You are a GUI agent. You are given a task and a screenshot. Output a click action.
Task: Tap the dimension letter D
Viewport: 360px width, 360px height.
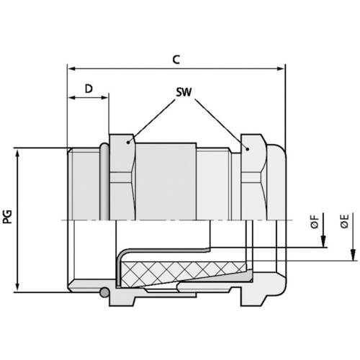88,89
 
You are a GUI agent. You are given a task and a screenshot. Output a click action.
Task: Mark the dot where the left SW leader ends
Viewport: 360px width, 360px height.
130,143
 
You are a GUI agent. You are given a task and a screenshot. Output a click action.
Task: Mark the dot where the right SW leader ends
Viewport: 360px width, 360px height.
246,149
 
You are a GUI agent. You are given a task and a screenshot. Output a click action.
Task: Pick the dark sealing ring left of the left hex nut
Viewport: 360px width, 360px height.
104,184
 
